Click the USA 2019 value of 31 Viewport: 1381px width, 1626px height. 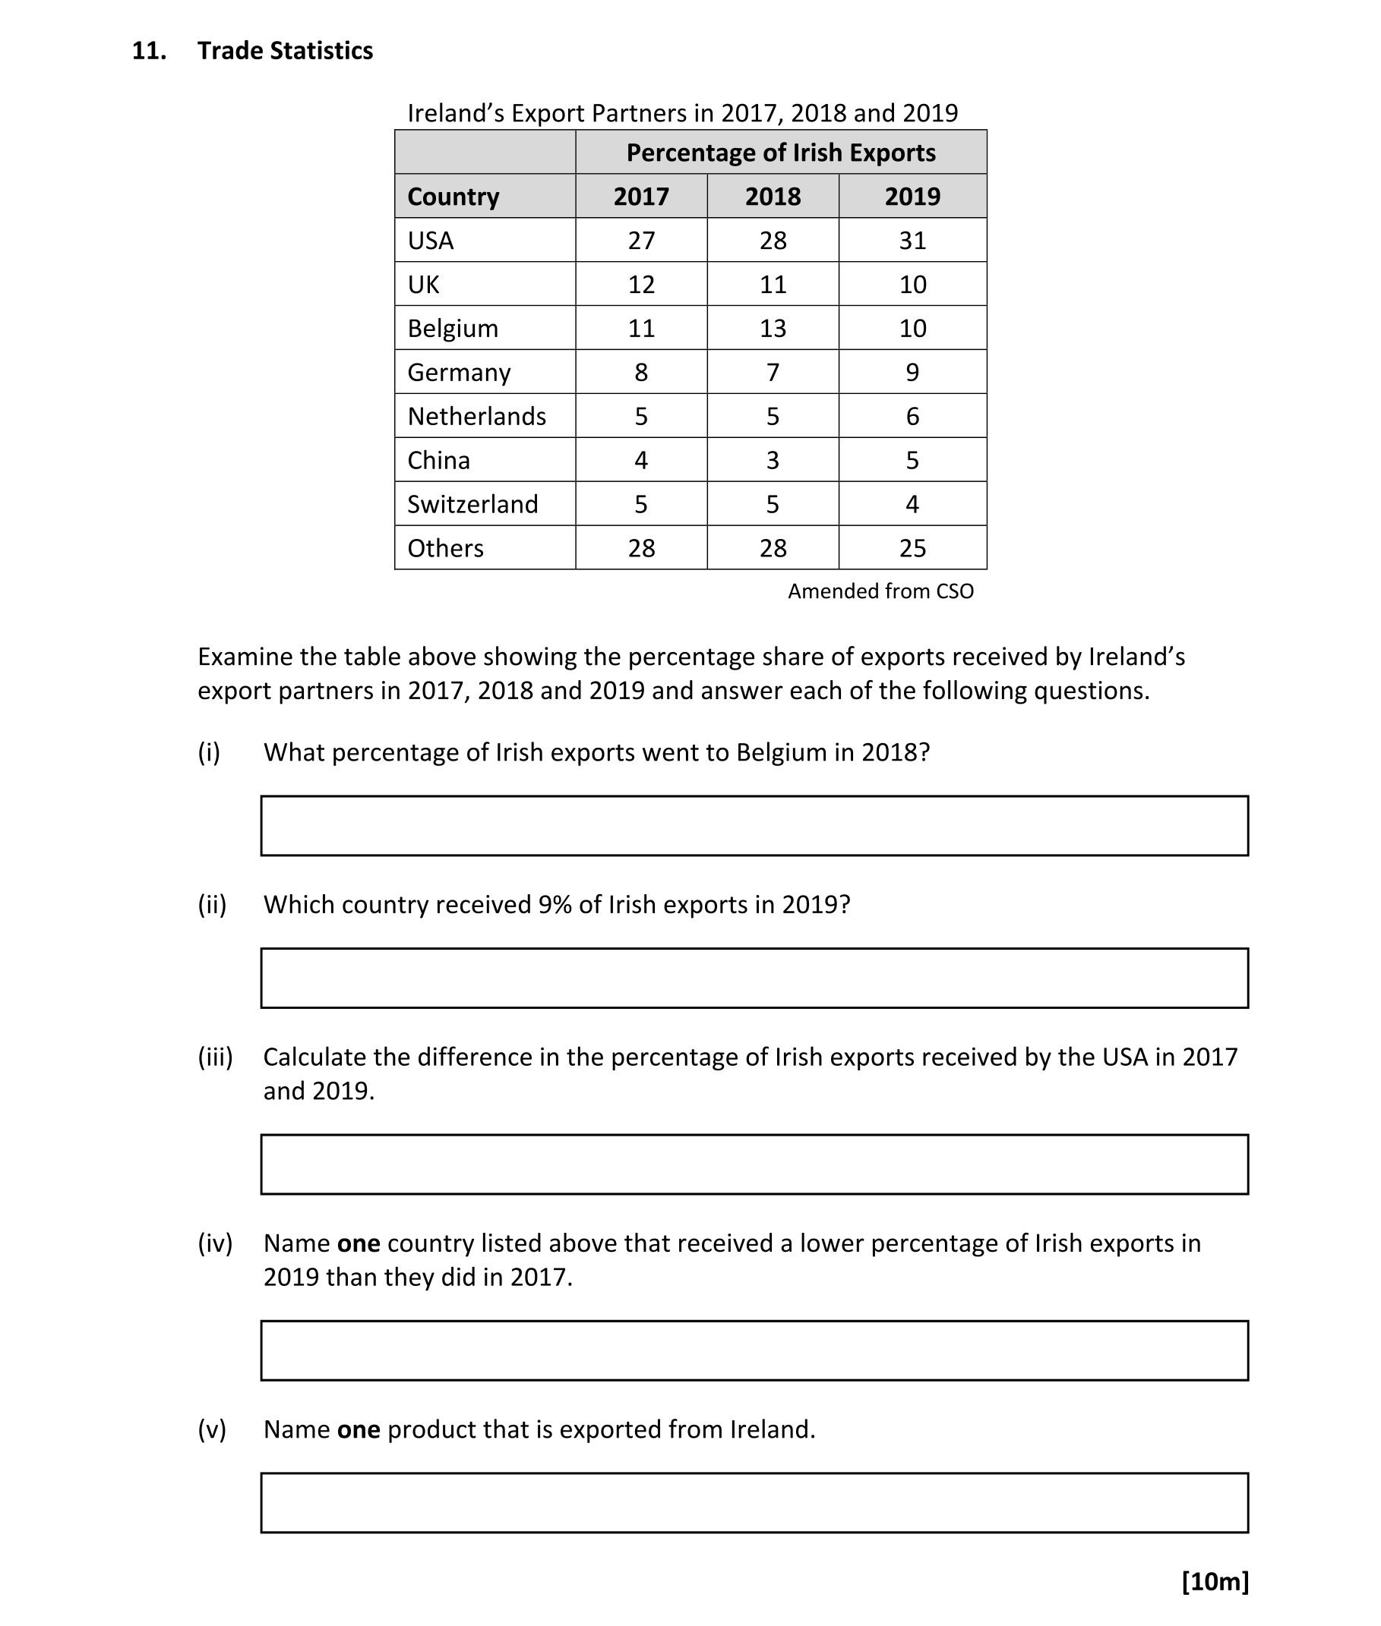[912, 240]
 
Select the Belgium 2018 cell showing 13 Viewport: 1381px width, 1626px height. [773, 328]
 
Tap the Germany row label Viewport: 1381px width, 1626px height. [459, 373]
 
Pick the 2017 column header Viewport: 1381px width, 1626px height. [641, 197]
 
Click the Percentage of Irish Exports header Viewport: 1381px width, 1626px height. [781, 153]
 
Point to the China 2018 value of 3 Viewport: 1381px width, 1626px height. [773, 460]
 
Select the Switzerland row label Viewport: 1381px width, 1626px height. [472, 504]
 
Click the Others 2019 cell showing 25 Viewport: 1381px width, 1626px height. [912, 548]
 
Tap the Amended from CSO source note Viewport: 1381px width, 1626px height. [880, 591]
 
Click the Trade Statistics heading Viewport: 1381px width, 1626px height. [285, 51]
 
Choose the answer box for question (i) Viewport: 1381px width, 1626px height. [754, 825]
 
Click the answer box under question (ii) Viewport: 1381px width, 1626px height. [754, 978]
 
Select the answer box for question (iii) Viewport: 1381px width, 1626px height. [754, 1164]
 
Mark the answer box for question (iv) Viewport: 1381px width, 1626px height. [754, 1350]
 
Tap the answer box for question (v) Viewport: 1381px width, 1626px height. [754, 1502]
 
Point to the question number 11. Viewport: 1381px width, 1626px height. [149, 51]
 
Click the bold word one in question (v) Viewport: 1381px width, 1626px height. [359, 1429]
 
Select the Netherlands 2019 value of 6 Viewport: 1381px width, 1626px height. [912, 416]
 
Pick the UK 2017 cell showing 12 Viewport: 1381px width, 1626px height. [641, 284]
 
